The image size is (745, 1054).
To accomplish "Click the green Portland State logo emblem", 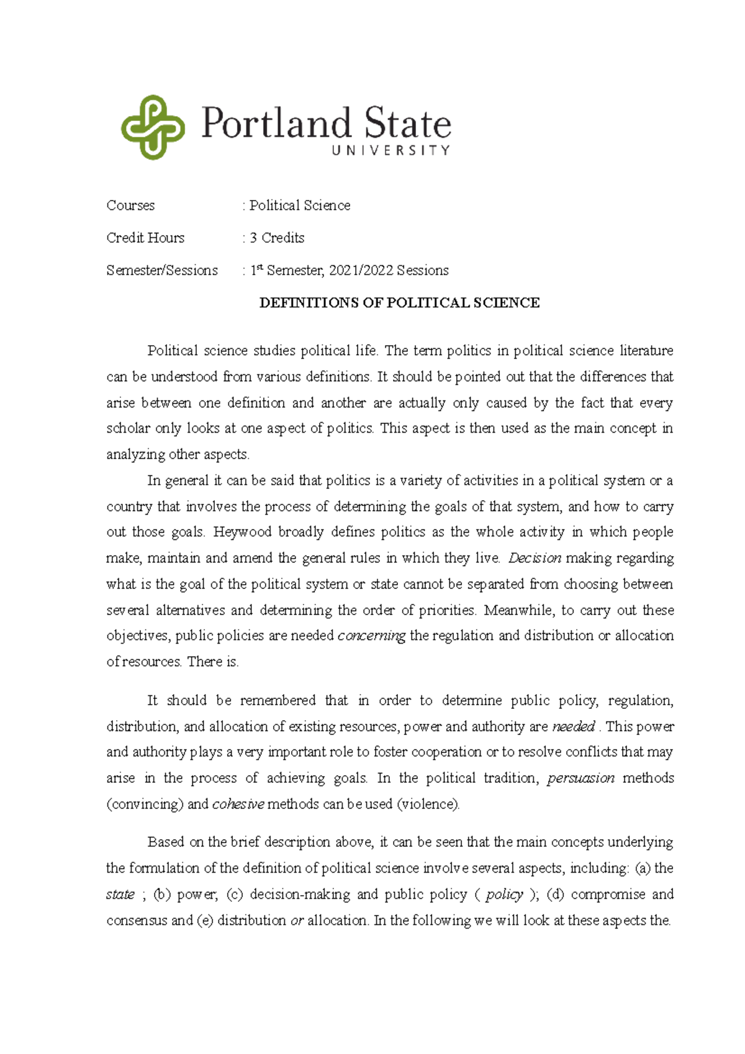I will (x=153, y=127).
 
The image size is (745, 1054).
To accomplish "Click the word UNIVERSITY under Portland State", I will (x=391, y=150).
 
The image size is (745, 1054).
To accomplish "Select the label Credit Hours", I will (x=145, y=238).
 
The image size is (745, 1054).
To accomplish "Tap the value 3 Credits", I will (x=277, y=238).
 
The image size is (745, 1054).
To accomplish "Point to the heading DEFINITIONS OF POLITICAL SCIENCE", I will (x=399, y=303).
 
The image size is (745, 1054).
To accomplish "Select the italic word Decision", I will (x=535, y=558).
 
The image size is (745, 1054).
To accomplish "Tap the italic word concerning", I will (x=371, y=636).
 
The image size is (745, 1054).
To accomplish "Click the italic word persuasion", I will (x=580, y=778).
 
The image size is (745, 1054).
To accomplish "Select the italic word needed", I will (x=573, y=727).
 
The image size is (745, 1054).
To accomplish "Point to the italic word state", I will (x=120, y=894).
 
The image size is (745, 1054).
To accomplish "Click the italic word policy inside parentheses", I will (x=504, y=894).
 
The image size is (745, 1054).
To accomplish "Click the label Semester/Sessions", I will (x=162, y=271).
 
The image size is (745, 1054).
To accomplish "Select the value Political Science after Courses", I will (x=300, y=205).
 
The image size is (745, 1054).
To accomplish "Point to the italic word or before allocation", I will (x=297, y=921).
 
